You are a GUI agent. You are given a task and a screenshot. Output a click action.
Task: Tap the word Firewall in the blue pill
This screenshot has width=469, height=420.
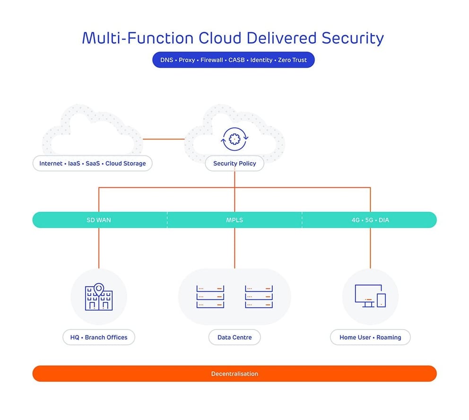pyautogui.click(x=211, y=60)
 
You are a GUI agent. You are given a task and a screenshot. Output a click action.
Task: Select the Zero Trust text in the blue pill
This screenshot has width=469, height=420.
pyautogui.click(x=292, y=60)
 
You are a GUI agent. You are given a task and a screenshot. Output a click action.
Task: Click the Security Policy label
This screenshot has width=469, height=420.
pyautogui.click(x=234, y=164)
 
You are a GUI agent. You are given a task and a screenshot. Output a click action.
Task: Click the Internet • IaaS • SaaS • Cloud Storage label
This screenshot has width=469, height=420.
pyautogui.click(x=93, y=164)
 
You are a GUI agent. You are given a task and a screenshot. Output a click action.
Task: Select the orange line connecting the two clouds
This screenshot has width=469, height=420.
pyautogui.click(x=163, y=139)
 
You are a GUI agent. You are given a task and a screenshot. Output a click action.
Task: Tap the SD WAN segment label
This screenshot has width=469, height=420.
pyautogui.click(x=98, y=220)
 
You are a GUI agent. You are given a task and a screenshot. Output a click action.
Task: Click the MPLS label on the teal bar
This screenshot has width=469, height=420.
pyautogui.click(x=234, y=220)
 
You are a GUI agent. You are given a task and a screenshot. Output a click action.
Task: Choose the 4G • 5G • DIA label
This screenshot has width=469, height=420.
pyautogui.click(x=370, y=220)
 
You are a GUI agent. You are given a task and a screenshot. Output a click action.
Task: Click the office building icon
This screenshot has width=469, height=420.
pyautogui.click(x=98, y=298)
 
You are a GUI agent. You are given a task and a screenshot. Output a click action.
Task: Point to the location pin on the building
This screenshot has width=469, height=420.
pyautogui.click(x=98, y=288)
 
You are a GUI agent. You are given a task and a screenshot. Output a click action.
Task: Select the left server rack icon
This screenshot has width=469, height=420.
pyautogui.click(x=210, y=297)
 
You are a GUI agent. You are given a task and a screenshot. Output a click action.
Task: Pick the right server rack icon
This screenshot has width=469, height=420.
pyautogui.click(x=259, y=297)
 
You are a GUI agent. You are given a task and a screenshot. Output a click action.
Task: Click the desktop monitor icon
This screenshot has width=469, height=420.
pyautogui.click(x=368, y=295)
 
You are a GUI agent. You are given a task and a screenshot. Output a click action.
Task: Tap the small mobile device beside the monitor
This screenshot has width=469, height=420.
pyautogui.click(x=381, y=300)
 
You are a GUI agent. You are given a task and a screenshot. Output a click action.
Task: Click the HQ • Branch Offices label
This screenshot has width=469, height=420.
pyautogui.click(x=99, y=337)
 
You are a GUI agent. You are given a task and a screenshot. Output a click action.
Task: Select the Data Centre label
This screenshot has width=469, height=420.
pyautogui.click(x=234, y=337)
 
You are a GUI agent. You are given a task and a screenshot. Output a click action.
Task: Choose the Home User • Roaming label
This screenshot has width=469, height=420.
pyautogui.click(x=370, y=337)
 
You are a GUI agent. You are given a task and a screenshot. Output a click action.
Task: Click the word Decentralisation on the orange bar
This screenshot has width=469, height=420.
pyautogui.click(x=234, y=374)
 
